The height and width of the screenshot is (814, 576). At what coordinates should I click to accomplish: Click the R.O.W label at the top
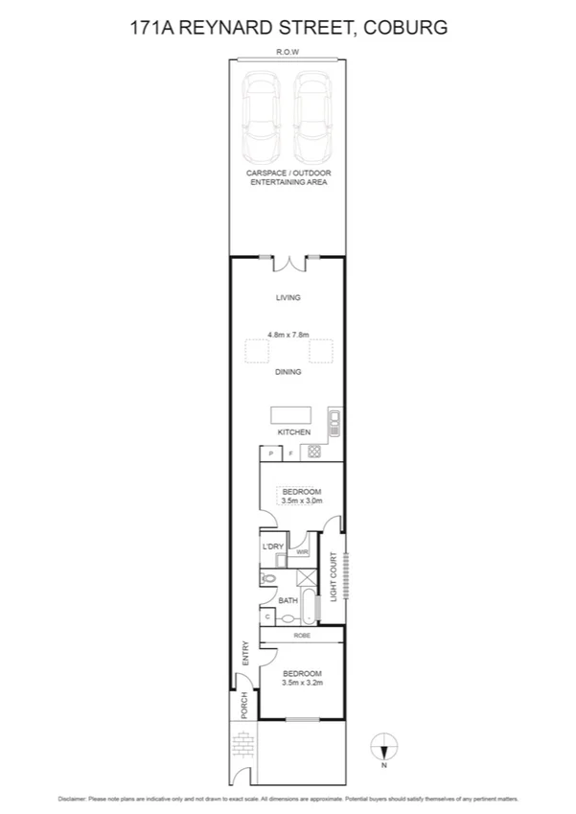pos(288,53)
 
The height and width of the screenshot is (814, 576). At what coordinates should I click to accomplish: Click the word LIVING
pos(288,298)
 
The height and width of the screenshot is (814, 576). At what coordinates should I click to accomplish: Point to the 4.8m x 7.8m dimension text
pos(288,336)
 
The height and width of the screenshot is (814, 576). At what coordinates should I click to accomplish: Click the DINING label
pos(288,372)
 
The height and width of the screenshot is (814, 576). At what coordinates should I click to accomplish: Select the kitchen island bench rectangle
pos(291,414)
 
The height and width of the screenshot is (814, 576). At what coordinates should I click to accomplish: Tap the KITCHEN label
pos(294,432)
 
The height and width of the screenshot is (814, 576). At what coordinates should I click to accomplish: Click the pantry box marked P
pos(271,454)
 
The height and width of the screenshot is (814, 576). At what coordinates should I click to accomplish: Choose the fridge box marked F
pos(290,454)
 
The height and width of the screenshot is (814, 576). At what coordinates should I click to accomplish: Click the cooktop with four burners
pos(313,453)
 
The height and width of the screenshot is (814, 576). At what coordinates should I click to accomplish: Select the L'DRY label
pos(273,547)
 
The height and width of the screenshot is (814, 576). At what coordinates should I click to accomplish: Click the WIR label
pos(302,552)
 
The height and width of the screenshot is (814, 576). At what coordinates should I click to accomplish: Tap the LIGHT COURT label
pos(334,576)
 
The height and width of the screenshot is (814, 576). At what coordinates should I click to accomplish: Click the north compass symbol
pos(383,745)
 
